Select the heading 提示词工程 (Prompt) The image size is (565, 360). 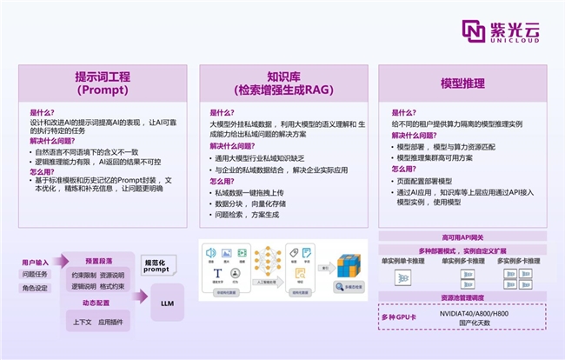tap(103, 83)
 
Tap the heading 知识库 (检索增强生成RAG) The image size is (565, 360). tap(282, 83)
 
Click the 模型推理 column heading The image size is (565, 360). tap(462, 83)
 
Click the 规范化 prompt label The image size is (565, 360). tap(156, 265)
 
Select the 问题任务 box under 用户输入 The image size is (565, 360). tap(36, 274)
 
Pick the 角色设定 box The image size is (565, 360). tap(36, 288)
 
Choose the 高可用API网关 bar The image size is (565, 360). tap(462, 237)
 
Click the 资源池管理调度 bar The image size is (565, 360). tap(462, 297)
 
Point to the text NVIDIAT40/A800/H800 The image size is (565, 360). tap(474, 312)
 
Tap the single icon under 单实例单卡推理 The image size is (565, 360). tap(402, 278)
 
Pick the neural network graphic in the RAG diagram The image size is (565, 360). tap(263, 259)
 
